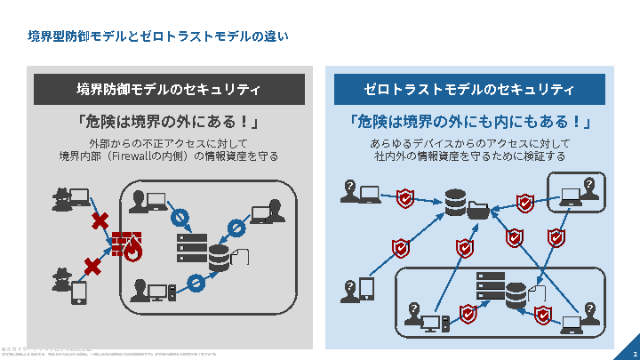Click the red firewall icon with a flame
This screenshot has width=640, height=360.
pos(127,246)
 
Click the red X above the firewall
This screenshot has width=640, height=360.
pos(100,220)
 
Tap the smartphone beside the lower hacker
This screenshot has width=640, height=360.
pos(78,292)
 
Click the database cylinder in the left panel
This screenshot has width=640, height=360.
pos(219,258)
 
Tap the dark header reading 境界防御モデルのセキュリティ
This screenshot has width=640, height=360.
pos(169,90)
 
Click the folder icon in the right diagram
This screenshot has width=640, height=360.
pos(477,211)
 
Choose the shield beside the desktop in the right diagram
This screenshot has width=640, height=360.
pos(468,312)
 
